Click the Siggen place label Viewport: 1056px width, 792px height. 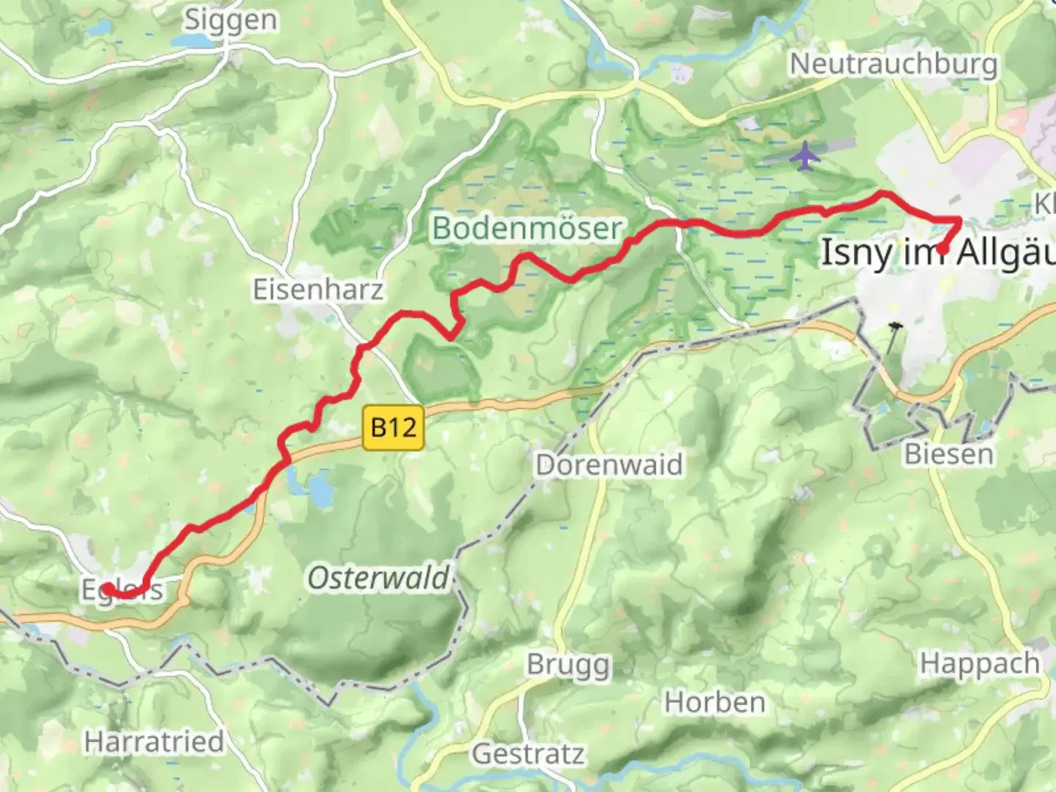pos(230,20)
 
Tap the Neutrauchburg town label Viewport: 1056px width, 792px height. pos(893,64)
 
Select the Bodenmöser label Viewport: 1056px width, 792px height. pos(527,228)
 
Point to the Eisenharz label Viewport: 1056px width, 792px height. pos(318,289)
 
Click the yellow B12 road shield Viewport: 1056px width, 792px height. pos(394,427)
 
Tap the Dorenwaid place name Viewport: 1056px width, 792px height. pos(609,465)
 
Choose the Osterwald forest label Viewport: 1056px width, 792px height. pos(378,578)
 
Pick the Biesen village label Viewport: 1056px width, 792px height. pos(948,454)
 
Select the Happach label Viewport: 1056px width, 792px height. pos(980,663)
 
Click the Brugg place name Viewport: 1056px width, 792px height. pos(568,664)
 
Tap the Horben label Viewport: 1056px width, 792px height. pos(714,703)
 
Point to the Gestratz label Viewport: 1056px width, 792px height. pos(528,753)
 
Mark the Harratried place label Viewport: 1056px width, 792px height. pos(154,741)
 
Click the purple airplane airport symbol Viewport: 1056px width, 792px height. pos(805,156)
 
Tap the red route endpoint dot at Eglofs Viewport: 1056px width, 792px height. pos(107,589)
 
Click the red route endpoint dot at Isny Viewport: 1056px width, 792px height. pos(942,249)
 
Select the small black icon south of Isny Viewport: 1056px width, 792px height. pos(894,325)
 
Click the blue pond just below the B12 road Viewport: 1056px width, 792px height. pos(320,489)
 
